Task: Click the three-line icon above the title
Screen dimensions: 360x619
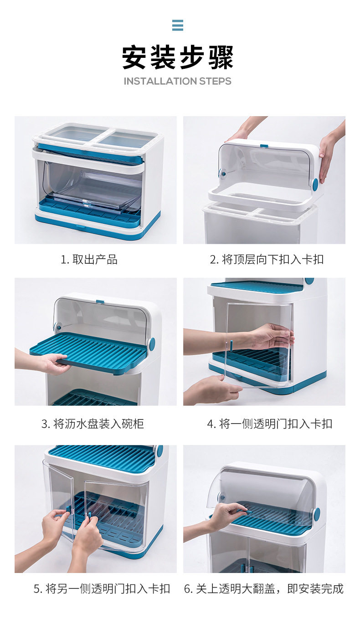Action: (x=178, y=25)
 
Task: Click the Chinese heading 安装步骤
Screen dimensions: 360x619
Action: (x=178, y=57)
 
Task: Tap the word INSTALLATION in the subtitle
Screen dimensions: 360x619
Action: (x=160, y=81)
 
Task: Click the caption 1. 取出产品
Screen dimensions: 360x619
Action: (x=89, y=260)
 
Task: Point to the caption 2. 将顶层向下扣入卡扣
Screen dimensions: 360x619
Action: (x=267, y=260)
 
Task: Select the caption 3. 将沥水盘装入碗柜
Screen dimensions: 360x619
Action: (x=93, y=424)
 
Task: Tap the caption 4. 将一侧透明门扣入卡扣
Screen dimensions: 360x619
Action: (x=270, y=424)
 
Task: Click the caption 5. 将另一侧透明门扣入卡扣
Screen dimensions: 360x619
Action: (x=102, y=588)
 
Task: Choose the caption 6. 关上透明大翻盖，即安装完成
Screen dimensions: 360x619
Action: (x=264, y=588)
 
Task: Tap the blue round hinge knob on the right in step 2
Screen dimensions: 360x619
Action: (x=314, y=184)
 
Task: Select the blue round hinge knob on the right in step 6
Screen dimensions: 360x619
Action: (x=317, y=513)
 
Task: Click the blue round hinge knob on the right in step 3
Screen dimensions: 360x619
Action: (x=152, y=344)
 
